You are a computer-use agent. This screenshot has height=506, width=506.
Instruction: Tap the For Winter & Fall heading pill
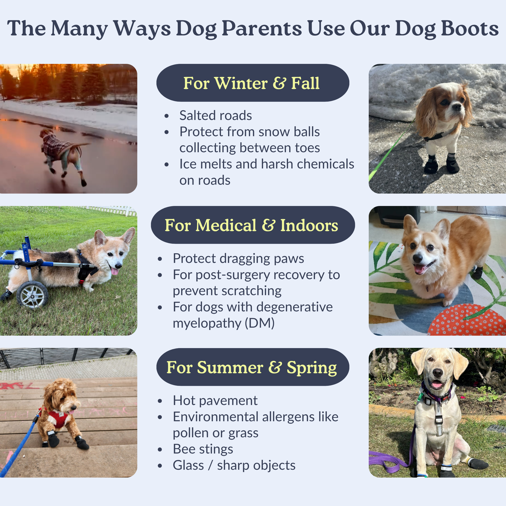[253, 83]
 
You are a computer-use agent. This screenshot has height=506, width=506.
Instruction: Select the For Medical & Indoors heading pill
[253, 225]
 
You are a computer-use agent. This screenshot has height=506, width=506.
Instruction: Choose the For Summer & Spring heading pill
[253, 367]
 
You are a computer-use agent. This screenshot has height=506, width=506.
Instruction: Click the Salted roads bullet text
[215, 115]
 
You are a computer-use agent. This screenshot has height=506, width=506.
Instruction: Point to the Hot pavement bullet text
[215, 400]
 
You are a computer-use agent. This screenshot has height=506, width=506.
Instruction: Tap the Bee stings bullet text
[203, 449]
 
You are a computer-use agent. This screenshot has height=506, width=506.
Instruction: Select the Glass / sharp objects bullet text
[234, 465]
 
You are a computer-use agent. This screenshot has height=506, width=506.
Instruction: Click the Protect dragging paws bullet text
[238, 258]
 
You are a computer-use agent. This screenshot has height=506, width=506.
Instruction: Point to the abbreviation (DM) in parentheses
[260, 323]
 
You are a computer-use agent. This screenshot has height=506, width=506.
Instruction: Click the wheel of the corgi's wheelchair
[32, 295]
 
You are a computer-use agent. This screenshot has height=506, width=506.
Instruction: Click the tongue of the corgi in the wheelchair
[115, 271]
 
